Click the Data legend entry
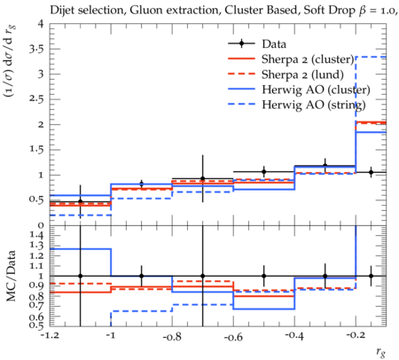point(274,44)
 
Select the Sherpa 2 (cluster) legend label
point(308,59)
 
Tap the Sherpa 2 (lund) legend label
point(302,74)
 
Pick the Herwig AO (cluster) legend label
point(316,90)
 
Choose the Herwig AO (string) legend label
point(314,105)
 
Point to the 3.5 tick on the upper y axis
point(36,49)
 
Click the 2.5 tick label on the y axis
point(36,99)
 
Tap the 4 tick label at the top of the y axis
point(41,24)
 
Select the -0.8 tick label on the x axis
point(172,336)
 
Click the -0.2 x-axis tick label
point(355,335)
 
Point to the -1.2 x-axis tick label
point(51,336)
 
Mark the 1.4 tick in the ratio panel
point(37,235)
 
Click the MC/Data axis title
point(11,276)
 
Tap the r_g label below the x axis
point(381,352)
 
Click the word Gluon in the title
point(145,11)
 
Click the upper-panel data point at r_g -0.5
point(264,171)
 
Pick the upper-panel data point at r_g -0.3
point(325,166)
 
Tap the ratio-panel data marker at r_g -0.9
point(142,276)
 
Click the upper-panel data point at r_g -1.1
point(81,201)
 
